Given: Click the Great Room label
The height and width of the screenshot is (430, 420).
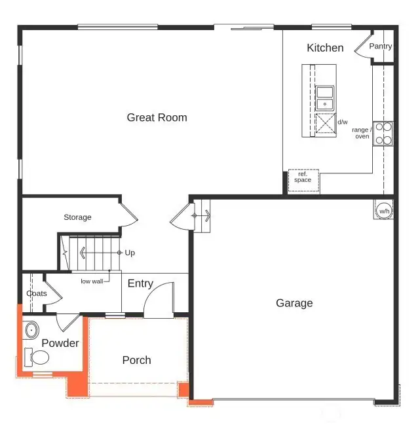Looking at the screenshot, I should (x=157, y=118).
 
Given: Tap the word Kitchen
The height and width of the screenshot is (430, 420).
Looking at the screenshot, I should (x=325, y=48).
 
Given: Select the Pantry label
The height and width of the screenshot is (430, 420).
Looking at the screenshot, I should (x=381, y=46).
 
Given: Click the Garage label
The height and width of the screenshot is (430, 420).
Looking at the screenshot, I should (x=294, y=303).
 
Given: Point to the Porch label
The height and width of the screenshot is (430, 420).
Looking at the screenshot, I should (x=136, y=360).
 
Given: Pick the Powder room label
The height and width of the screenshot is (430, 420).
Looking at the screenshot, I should (x=60, y=343).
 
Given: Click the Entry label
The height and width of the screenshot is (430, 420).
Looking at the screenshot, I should (x=140, y=283).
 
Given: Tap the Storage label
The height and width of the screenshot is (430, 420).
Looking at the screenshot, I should (x=77, y=217).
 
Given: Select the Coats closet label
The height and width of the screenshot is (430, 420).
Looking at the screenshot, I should (x=37, y=293).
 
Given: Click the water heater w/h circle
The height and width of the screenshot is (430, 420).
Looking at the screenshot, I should (x=384, y=211).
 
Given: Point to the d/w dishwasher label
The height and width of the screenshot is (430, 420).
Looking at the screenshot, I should (x=342, y=122).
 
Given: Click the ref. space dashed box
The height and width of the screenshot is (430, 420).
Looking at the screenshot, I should (x=303, y=180).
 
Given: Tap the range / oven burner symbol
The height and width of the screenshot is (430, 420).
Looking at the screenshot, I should (x=383, y=134).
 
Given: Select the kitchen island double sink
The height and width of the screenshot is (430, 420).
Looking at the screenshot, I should (x=325, y=98).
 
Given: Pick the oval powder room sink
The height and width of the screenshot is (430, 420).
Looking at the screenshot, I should (x=31, y=329).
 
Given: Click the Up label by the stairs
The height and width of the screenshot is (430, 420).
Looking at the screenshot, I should (x=130, y=253).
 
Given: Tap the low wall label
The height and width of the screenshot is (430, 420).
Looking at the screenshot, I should (x=91, y=281).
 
